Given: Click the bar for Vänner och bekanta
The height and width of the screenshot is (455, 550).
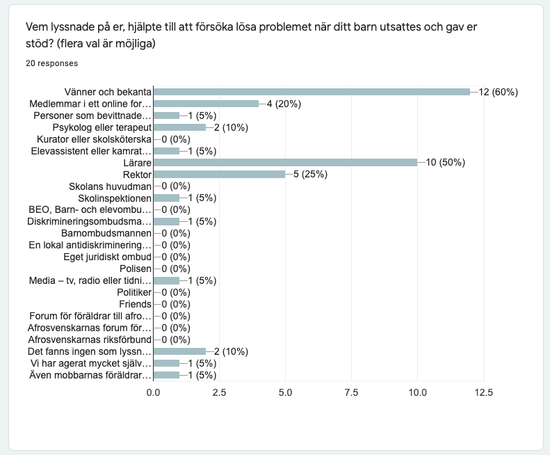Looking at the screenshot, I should [x=312, y=92].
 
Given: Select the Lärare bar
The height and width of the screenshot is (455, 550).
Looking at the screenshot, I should [x=285, y=163].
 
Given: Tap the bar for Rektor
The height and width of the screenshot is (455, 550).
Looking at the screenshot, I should [x=219, y=174].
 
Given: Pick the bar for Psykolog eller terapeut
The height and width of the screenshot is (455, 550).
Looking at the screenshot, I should [x=179, y=127].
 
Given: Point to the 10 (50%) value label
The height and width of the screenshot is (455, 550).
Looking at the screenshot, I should [x=446, y=163].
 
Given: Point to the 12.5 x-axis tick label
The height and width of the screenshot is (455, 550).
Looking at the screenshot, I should [x=483, y=392].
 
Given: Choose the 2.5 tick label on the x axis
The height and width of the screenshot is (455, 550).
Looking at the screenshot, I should [x=219, y=392].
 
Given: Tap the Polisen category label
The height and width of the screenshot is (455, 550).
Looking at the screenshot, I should [x=132, y=269].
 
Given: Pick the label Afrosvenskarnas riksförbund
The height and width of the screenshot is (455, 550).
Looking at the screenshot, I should [x=89, y=340].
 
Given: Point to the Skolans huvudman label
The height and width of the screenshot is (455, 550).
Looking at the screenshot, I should [x=110, y=186].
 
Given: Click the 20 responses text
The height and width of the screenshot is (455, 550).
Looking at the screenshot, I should [x=51, y=63].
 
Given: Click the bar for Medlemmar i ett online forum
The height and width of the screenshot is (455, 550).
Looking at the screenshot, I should [x=206, y=104].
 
